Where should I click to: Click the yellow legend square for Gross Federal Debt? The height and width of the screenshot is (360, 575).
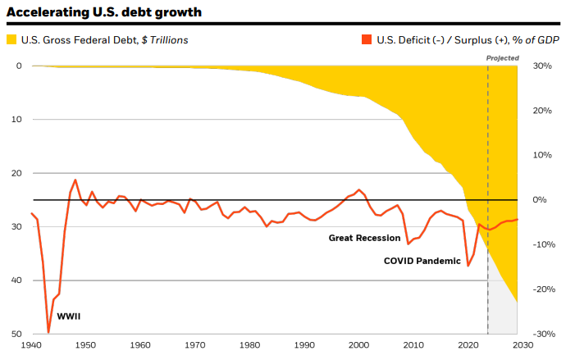click(11, 39)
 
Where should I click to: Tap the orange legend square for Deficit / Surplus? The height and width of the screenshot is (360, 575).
click(366, 39)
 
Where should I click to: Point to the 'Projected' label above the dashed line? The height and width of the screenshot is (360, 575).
click(502, 57)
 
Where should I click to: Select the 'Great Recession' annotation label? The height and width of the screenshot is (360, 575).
click(363, 238)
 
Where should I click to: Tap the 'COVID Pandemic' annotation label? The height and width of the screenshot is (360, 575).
click(422, 261)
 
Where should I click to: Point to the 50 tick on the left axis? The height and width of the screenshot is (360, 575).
click(17, 334)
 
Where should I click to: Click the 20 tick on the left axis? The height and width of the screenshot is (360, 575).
click(17, 173)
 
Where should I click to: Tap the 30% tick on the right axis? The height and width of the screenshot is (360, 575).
click(542, 66)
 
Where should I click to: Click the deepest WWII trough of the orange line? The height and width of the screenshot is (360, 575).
click(48, 332)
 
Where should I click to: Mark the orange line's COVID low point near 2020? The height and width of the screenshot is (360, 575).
click(468, 266)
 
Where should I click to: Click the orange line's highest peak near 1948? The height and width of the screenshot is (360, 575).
click(75, 180)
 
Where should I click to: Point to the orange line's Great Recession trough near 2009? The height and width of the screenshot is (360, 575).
click(408, 244)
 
